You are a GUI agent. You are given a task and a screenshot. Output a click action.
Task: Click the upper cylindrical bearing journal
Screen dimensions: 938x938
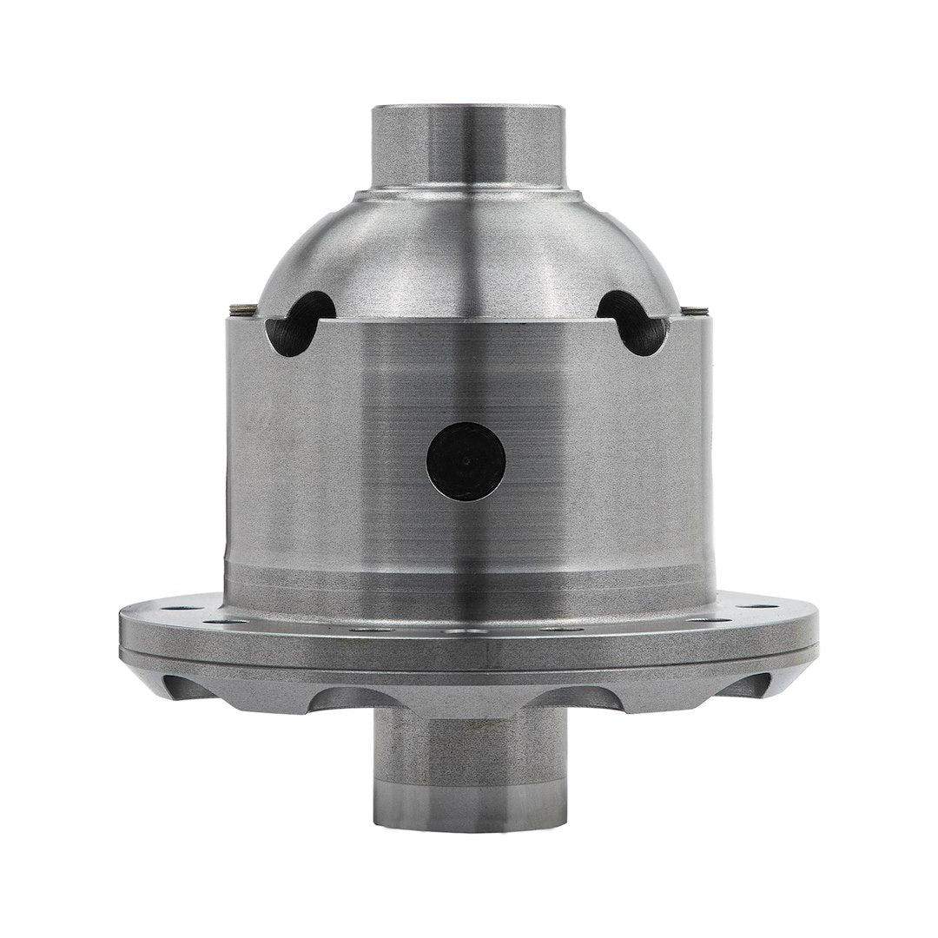click(468, 143)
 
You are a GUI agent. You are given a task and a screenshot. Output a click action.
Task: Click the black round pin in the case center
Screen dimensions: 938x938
click(467, 461)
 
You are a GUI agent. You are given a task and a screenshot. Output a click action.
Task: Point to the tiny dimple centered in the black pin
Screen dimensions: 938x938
click(467, 461)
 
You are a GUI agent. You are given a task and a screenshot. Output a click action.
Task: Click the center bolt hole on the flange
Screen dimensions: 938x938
click(469, 632)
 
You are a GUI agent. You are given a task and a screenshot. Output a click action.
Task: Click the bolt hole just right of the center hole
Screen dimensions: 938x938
click(559, 629)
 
